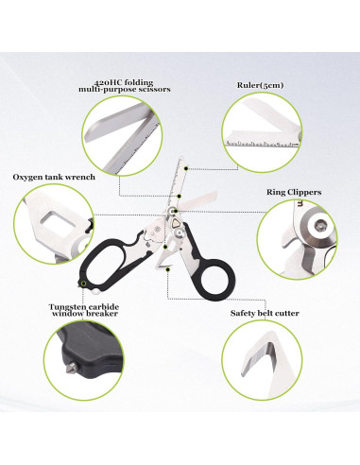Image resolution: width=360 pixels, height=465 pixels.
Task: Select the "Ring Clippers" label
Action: (296, 192)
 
